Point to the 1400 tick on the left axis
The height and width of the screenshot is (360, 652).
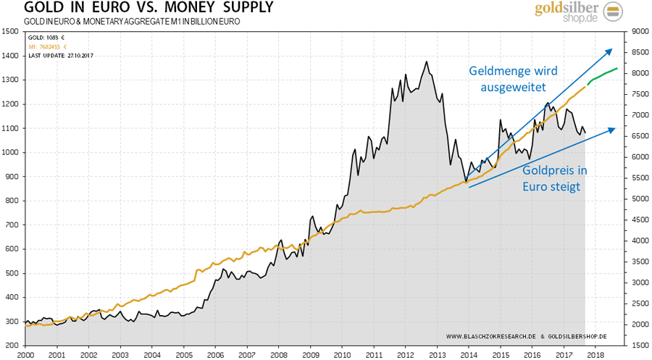[10, 55]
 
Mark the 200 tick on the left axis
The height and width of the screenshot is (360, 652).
[10, 346]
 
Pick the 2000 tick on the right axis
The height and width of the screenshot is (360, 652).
[642, 325]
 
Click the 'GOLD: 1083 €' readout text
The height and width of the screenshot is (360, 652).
[44, 36]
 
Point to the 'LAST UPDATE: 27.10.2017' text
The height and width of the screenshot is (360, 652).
[62, 55]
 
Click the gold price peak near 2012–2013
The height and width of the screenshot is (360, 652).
[427, 62]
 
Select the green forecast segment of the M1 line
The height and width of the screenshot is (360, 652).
[601, 75]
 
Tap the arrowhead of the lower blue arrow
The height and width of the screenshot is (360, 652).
[613, 130]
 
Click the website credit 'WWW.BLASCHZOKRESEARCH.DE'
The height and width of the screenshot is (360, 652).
[490, 337]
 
